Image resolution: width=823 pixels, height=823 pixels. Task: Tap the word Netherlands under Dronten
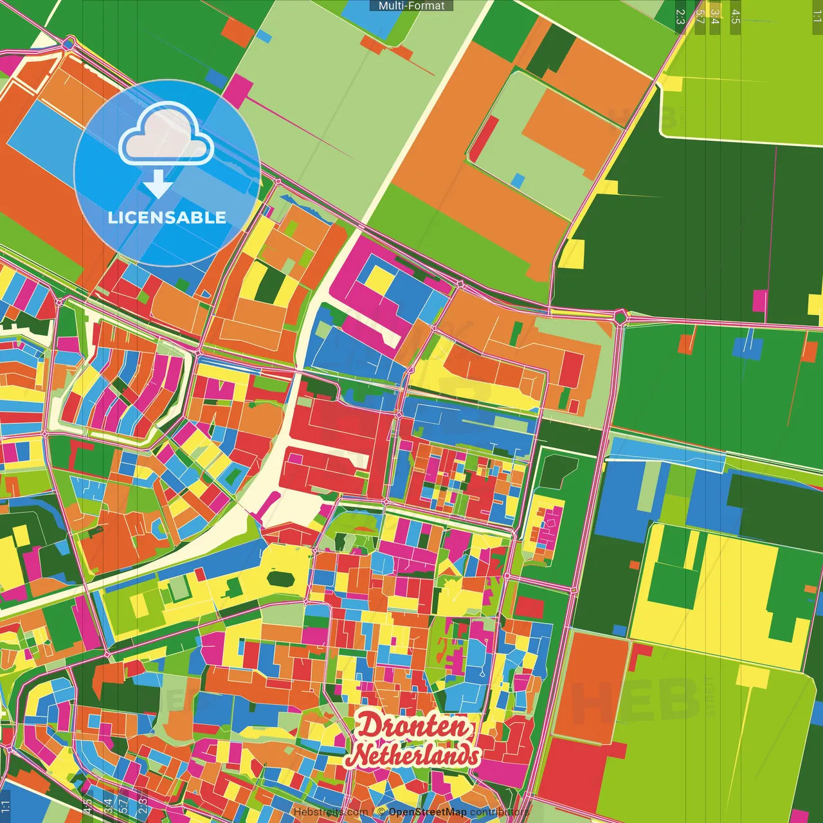[415, 755]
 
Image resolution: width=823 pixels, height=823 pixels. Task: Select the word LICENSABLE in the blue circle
[167, 217]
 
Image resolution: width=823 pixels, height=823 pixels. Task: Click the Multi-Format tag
[411, 6]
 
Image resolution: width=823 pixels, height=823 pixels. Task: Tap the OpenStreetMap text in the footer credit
[428, 812]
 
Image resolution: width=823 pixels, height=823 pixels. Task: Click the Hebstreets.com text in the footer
[330, 812]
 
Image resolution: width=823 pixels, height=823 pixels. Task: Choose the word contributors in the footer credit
[499, 812]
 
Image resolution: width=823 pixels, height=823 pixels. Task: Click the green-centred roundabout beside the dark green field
[620, 316]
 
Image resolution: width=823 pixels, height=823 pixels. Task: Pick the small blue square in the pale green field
[518, 181]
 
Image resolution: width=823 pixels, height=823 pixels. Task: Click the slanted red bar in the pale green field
[485, 138]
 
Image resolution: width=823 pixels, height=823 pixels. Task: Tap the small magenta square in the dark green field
[761, 299]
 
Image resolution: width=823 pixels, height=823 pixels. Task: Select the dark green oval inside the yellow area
[280, 578]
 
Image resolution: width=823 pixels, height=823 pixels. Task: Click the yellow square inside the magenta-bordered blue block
[379, 279]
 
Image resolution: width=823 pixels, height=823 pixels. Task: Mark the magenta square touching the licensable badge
[239, 91]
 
